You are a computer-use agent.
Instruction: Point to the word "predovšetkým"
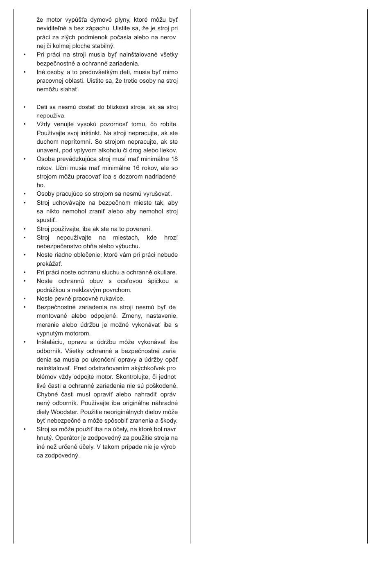pos(98,72)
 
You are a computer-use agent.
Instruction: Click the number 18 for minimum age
pos(174,159)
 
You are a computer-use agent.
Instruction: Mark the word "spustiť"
pos(46,220)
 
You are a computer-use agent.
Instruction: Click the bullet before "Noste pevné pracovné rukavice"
pos(25,299)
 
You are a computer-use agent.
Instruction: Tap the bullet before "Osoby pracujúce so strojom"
pos(25,194)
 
